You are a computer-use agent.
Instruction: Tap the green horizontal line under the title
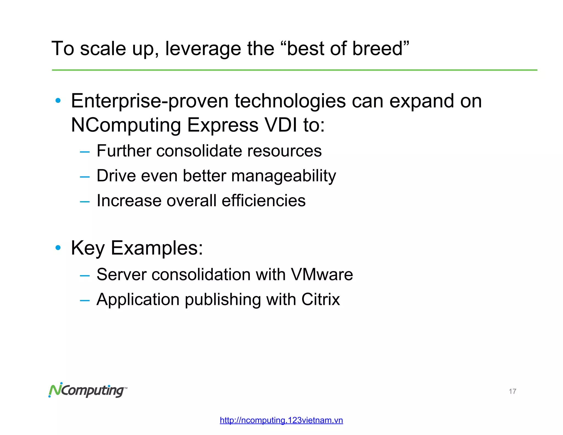[x=294, y=70]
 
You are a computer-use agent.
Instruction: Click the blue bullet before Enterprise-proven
[x=58, y=101]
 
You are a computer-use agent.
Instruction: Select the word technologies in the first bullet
[x=290, y=101]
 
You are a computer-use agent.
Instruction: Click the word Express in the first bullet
[x=223, y=125]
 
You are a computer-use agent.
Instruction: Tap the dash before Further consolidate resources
[x=85, y=152]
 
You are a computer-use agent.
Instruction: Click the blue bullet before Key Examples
[x=58, y=248]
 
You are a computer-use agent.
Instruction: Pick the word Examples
[x=156, y=248]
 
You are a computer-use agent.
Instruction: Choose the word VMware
[x=322, y=274]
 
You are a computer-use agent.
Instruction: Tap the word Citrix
[x=320, y=299]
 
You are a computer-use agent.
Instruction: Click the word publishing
[x=223, y=300]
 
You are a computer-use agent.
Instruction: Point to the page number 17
[x=512, y=391]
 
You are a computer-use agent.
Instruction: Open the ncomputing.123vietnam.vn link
[x=281, y=420]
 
